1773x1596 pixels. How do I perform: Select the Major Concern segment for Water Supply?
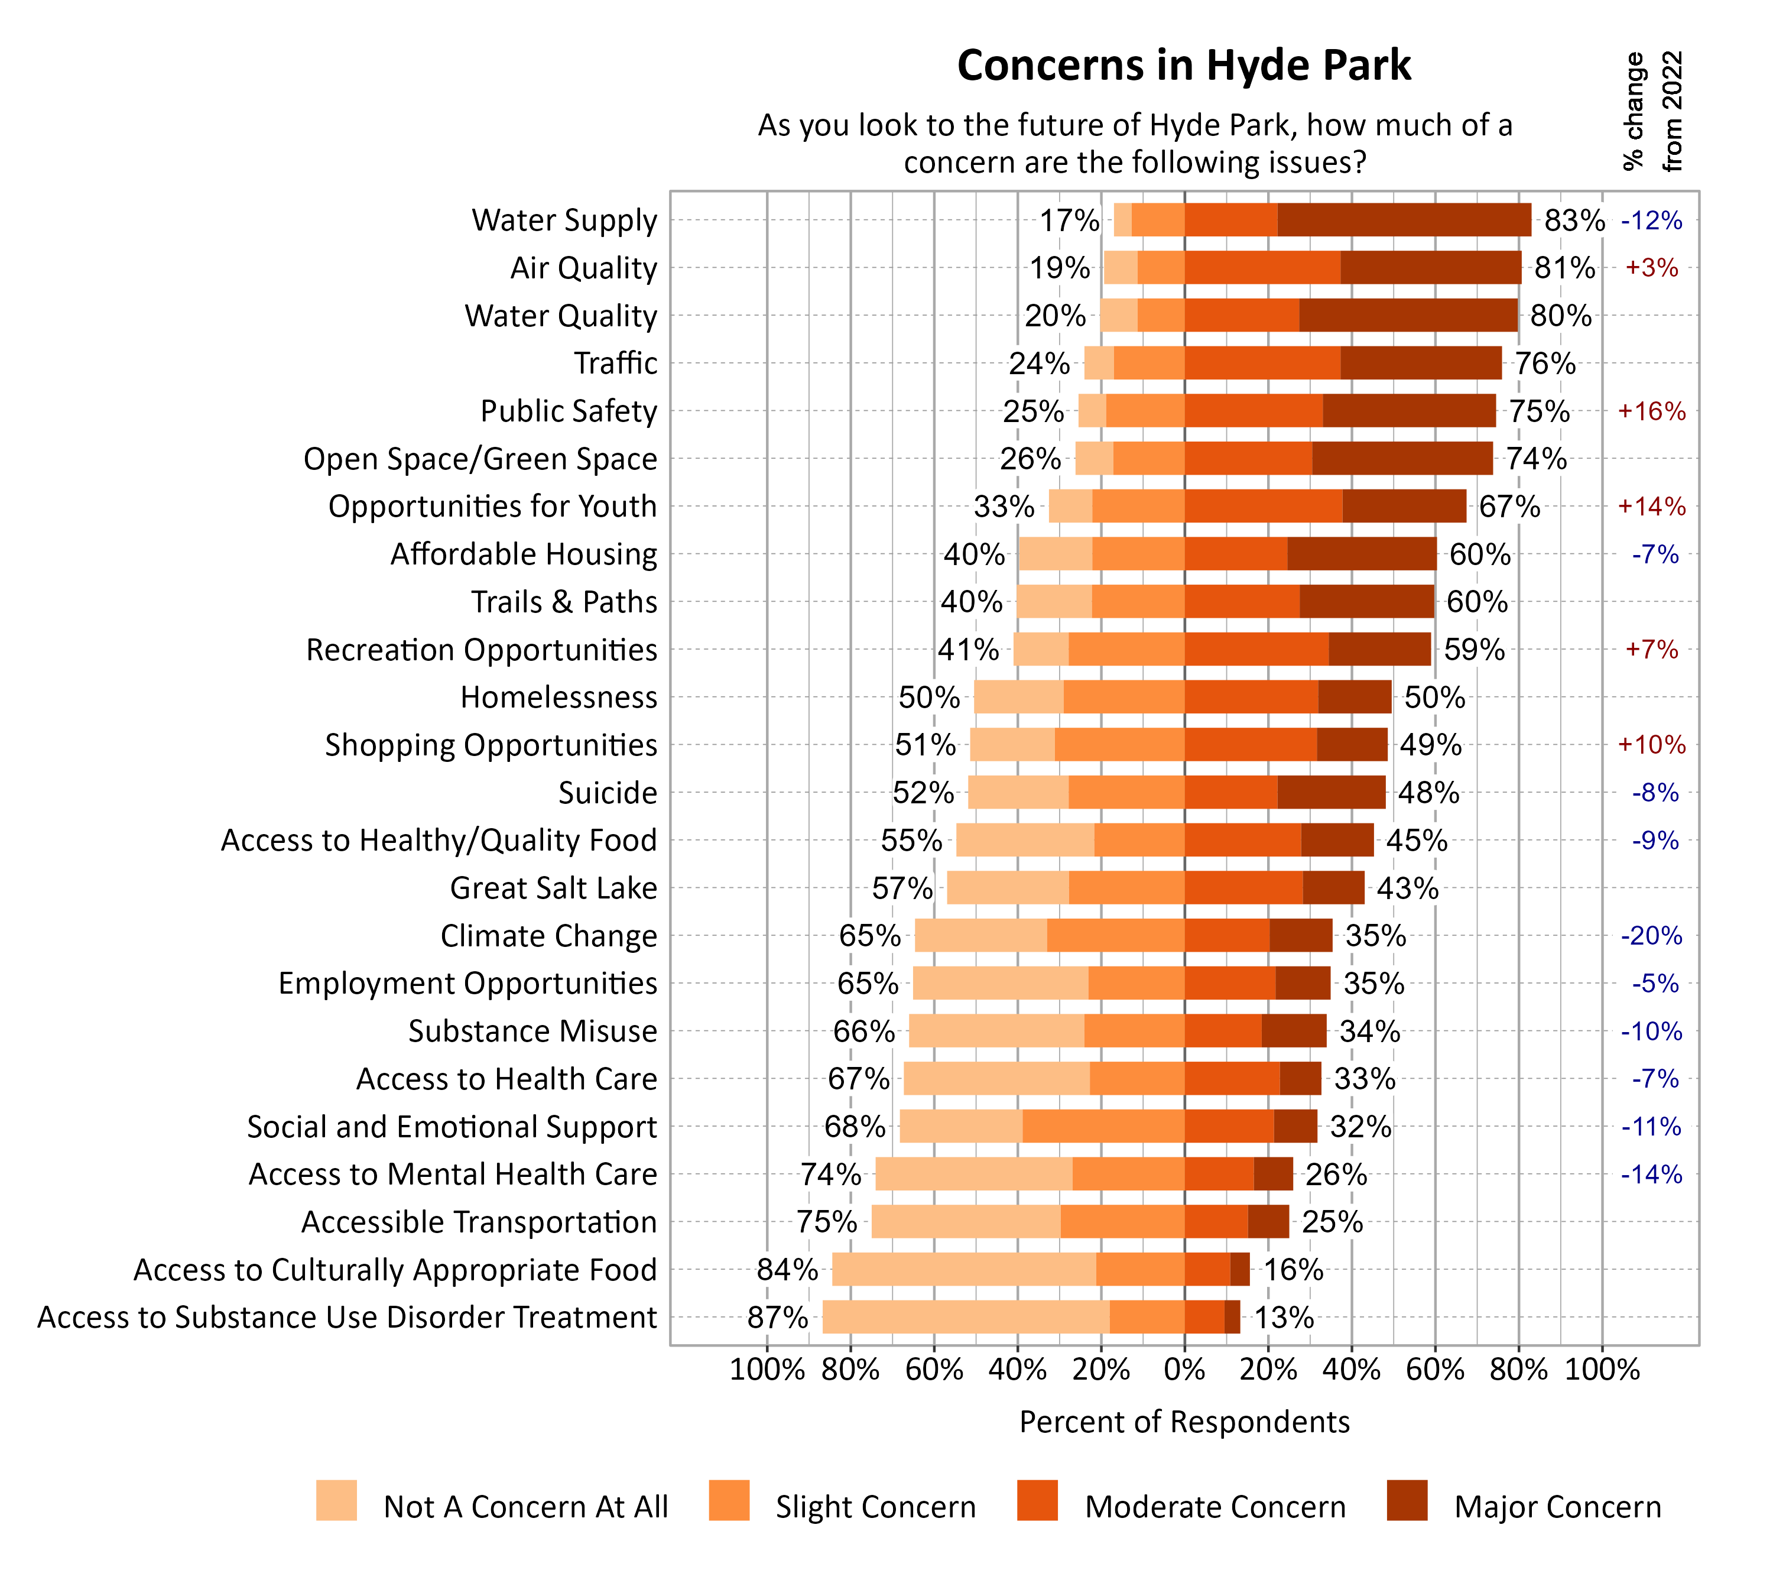click(1403, 220)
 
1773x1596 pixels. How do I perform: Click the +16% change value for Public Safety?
click(1651, 411)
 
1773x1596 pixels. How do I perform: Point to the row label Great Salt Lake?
click(553, 888)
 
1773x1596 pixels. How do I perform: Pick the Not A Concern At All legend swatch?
click(336, 1500)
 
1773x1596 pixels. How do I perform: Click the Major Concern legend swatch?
click(1407, 1500)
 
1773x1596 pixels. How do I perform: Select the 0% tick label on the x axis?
click(1184, 1370)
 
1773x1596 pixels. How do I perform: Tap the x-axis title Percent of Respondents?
click(1184, 1422)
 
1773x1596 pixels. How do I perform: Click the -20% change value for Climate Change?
click(1651, 936)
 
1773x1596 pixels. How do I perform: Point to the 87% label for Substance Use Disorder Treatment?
click(777, 1317)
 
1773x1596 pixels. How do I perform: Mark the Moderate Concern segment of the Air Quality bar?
click(1262, 267)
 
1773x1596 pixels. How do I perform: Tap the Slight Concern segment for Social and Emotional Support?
click(1103, 1126)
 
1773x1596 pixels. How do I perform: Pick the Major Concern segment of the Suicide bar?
click(1331, 793)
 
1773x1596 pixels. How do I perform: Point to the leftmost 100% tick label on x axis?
click(767, 1370)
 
